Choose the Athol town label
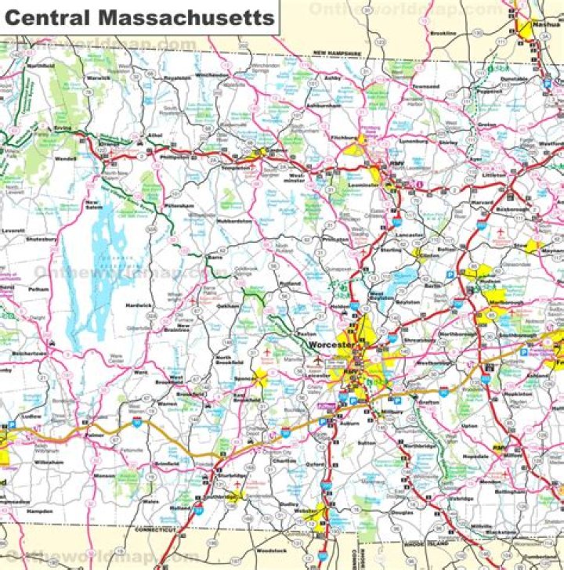pos(155,135)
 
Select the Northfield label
pos(39,67)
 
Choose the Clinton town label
pos(429,255)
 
